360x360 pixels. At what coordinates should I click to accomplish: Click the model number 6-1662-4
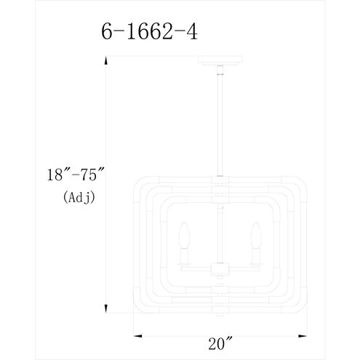coord(149,32)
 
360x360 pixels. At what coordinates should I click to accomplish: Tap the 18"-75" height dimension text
coord(75,175)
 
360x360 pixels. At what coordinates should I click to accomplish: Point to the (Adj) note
coord(79,198)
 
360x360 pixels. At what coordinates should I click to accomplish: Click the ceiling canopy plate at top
coord(220,60)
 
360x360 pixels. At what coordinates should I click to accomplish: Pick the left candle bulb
coord(184,235)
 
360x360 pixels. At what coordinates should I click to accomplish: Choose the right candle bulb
coord(256,235)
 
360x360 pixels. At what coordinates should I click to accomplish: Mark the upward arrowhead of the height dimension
coord(106,60)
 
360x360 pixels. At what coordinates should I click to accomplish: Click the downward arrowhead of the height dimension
coord(106,308)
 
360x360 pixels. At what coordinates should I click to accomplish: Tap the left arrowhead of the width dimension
coord(138,336)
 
